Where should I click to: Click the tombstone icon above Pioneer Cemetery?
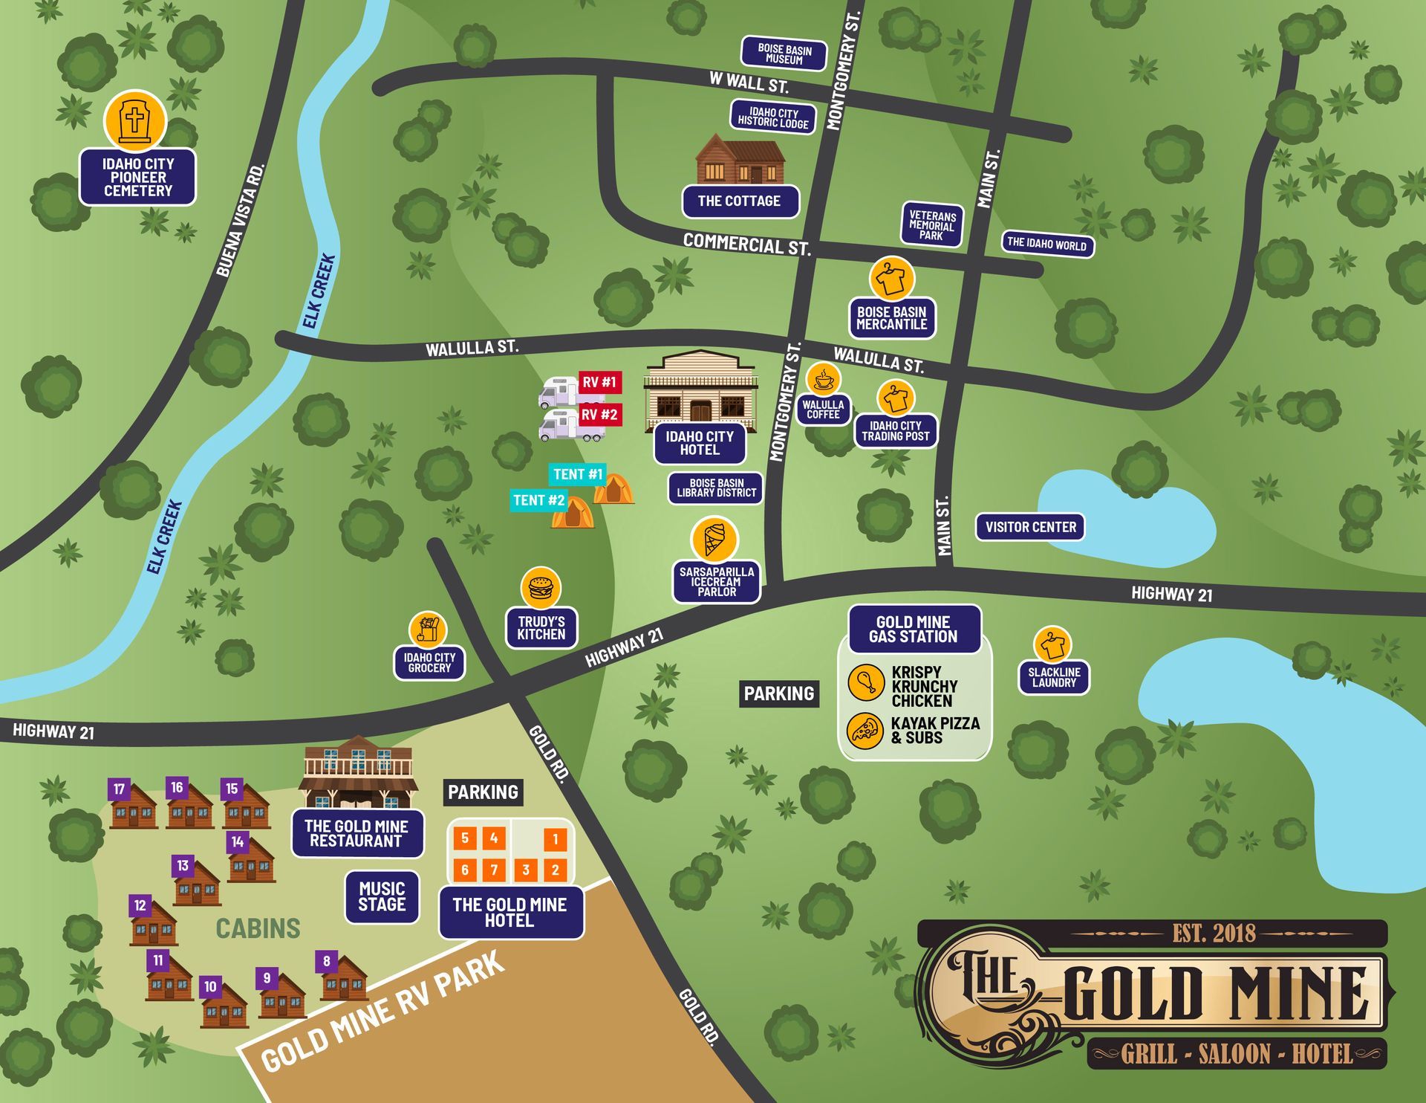click(134, 120)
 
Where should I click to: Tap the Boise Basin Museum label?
click(784, 54)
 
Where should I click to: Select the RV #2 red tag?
click(599, 415)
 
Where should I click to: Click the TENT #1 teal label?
click(577, 474)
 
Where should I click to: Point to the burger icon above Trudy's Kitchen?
click(540, 588)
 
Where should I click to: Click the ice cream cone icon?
click(714, 540)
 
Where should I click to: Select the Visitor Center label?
click(1030, 527)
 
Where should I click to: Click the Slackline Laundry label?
click(1053, 677)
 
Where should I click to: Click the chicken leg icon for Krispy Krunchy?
click(865, 682)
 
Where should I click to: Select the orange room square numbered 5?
click(465, 838)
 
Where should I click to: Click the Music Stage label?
click(382, 896)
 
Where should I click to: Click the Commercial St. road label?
click(746, 244)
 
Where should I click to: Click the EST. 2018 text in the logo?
click(1214, 934)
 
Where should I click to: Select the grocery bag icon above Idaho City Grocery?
click(428, 630)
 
